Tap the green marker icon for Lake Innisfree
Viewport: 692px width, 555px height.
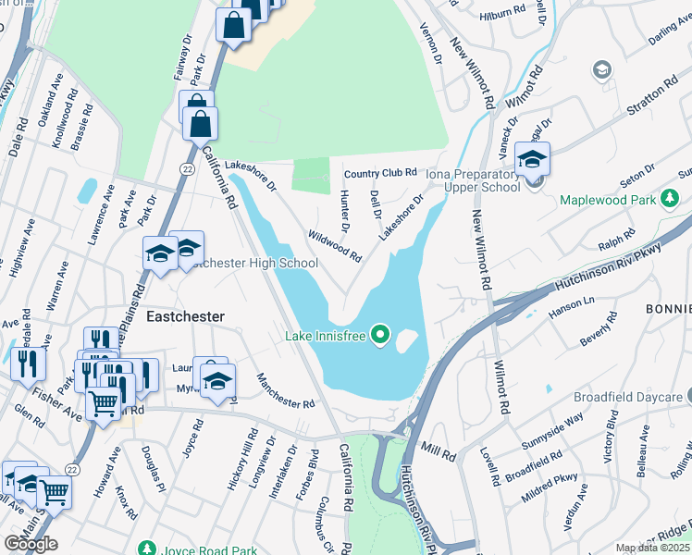point(379,334)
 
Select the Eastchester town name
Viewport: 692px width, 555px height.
point(185,316)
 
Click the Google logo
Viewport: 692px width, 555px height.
point(31,543)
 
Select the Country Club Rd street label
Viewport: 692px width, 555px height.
point(380,173)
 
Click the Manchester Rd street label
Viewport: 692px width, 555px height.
point(286,390)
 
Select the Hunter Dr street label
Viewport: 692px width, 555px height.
point(344,210)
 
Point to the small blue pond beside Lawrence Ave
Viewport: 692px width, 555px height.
point(87,191)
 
